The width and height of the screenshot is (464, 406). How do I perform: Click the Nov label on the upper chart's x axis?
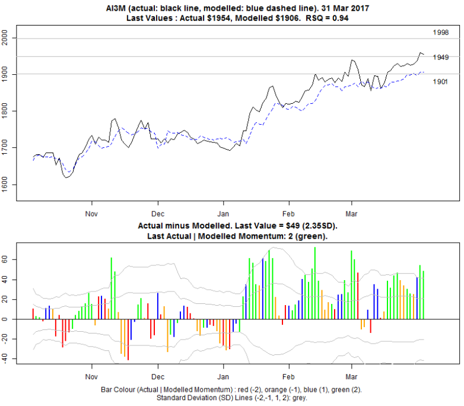[91, 213]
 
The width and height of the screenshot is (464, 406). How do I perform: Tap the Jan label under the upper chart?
[223, 213]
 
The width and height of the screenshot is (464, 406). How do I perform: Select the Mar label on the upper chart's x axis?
[352, 213]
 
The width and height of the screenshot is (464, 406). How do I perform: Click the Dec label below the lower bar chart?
[157, 377]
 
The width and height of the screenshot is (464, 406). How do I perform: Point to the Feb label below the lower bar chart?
[288, 377]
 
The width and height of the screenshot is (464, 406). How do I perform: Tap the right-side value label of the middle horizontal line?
[440, 57]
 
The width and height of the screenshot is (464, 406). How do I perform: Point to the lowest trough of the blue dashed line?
[69, 172]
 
